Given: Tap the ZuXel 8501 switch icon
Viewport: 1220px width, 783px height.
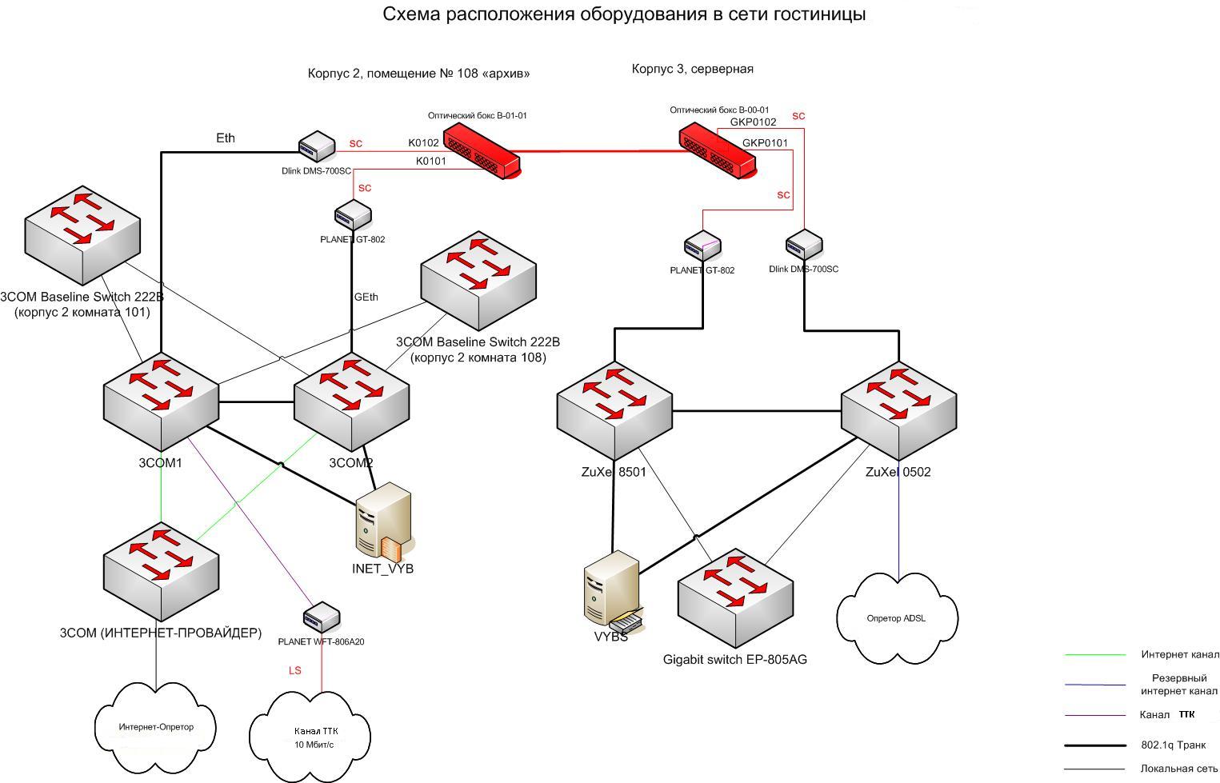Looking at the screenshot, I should pyautogui.click(x=614, y=408).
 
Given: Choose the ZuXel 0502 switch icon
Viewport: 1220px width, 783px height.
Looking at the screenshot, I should pyautogui.click(x=898, y=408).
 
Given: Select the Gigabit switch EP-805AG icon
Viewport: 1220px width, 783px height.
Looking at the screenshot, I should pyautogui.click(x=736, y=597).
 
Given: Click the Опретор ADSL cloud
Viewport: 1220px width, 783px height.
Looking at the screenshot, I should pyautogui.click(x=897, y=618).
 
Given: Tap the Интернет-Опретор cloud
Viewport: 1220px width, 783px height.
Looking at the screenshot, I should pyautogui.click(x=156, y=727).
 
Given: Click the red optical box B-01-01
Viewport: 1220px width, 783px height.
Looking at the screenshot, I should pyautogui.click(x=482, y=150).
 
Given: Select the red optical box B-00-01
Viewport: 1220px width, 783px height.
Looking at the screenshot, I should pyautogui.click(x=718, y=150).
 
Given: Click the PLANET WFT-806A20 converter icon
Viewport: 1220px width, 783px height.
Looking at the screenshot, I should pyautogui.click(x=322, y=617).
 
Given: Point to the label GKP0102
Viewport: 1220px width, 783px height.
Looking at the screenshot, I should pyautogui.click(x=753, y=122).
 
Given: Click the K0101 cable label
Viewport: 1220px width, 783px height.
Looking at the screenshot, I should pyautogui.click(x=430, y=161).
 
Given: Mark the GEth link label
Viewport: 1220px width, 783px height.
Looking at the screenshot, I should pyautogui.click(x=366, y=297).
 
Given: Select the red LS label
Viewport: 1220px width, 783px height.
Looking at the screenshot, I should pyautogui.click(x=295, y=670).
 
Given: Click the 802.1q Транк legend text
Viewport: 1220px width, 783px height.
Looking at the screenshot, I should pyautogui.click(x=1173, y=745).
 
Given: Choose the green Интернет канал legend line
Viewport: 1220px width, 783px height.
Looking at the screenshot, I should pyautogui.click(x=1094, y=655).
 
